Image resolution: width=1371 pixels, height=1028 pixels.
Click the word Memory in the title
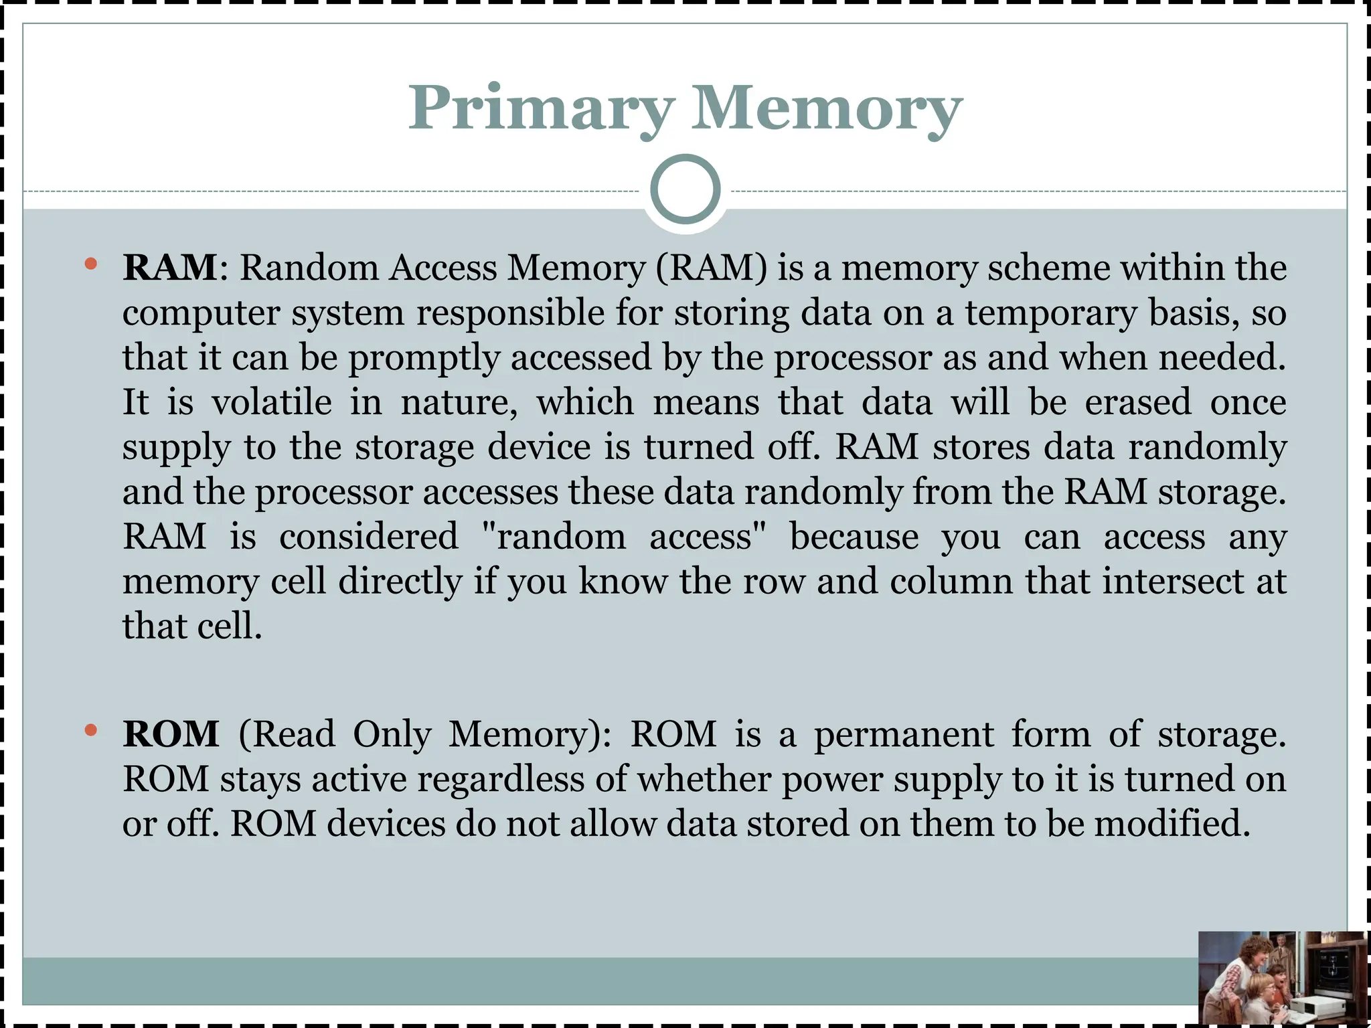click(826, 108)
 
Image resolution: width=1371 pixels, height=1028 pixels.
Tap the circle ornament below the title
click(685, 189)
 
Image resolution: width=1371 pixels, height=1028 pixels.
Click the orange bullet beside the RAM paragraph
click(91, 264)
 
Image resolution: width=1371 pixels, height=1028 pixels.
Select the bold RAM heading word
click(170, 268)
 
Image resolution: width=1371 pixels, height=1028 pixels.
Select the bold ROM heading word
click(171, 734)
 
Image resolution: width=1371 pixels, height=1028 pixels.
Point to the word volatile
click(272, 402)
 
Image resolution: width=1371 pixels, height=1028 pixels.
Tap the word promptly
click(424, 358)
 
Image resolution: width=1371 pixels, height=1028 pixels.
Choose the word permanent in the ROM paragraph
click(904, 734)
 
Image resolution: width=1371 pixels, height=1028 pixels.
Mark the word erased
click(1137, 402)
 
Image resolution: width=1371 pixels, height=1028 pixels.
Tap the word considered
click(368, 537)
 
